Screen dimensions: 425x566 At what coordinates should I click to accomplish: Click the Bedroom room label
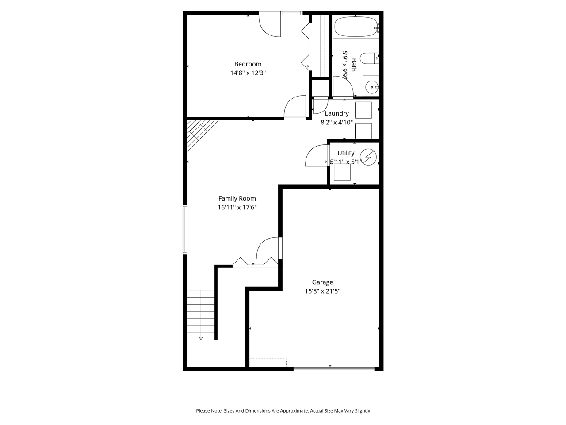(x=248, y=64)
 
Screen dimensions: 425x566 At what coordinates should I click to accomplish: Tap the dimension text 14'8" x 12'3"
(x=248, y=73)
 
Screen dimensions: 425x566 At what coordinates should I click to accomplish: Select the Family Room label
(x=237, y=198)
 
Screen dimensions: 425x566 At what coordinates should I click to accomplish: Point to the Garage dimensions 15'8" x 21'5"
(x=322, y=291)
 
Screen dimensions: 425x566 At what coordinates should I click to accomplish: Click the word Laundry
(x=337, y=113)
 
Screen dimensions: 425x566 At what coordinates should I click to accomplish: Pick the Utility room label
(x=346, y=153)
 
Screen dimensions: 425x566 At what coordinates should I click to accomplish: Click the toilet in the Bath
(x=368, y=58)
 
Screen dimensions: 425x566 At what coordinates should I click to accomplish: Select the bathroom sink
(x=371, y=86)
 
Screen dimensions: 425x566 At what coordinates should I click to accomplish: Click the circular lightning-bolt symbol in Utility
(x=368, y=157)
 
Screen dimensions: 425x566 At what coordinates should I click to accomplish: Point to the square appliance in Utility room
(x=342, y=173)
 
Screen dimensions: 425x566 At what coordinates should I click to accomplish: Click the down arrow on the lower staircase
(x=201, y=338)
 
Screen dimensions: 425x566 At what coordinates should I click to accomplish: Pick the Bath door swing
(x=343, y=86)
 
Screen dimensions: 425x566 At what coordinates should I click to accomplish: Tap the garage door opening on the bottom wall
(x=334, y=368)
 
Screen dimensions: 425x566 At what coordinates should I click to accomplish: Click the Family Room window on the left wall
(x=185, y=229)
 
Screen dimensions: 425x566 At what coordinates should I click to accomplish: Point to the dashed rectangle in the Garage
(x=268, y=362)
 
